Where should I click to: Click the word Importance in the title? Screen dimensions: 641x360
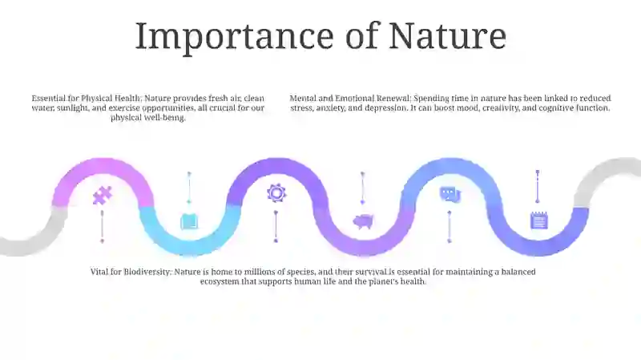pos(235,37)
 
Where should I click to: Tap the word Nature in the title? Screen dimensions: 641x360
pos(448,36)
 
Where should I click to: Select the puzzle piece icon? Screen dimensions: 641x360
pos(103,196)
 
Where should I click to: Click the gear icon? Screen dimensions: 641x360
pos(276,192)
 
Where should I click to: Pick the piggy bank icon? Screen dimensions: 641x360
pos(363,221)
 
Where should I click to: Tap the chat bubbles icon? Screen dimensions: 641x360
pos(450,194)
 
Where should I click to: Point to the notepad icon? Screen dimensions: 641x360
pos(538,220)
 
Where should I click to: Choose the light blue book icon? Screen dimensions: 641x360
pos(189,221)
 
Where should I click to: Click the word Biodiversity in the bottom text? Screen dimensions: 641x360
pos(147,272)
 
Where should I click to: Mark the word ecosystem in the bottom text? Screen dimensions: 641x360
pos(220,281)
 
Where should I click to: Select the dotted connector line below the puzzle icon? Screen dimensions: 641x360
pos(103,227)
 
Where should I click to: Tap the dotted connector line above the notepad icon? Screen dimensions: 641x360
pos(538,187)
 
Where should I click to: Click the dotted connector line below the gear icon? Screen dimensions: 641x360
pos(276,227)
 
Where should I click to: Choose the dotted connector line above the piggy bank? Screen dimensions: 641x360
pos(362,188)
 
